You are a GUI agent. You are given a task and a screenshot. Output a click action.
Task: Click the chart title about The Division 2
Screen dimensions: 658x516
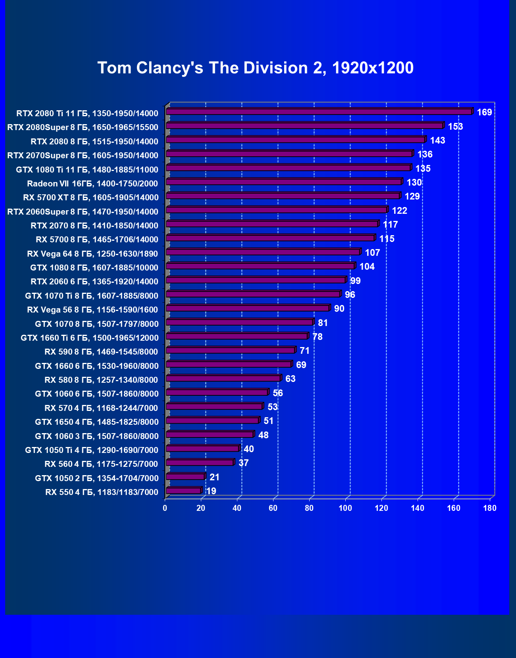pos(256,68)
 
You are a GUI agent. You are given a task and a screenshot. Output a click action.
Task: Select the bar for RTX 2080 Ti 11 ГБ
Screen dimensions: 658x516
pos(319,112)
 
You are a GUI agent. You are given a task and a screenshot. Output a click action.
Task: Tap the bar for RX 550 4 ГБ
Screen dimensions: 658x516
pos(184,491)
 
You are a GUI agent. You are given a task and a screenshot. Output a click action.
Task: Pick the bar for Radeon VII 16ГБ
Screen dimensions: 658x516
pos(284,182)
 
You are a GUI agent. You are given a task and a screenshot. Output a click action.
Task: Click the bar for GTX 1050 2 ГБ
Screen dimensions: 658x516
pos(185,477)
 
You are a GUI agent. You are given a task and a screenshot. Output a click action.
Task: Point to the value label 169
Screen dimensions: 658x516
pos(484,112)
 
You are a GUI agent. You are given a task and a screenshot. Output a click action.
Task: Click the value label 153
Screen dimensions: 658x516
pos(455,127)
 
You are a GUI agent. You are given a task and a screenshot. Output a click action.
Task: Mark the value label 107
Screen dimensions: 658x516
pos(372,253)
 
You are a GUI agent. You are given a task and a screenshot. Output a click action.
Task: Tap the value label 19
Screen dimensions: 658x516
pos(211,491)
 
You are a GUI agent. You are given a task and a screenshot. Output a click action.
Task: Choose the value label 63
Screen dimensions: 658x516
pos(290,379)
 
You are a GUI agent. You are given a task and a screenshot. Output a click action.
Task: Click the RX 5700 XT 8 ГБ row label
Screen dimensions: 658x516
pos(91,198)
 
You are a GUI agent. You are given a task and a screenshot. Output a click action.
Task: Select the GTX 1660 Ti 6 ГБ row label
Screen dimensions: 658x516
pos(90,338)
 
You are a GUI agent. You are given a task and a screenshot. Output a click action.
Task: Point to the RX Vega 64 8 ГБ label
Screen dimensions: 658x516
pos(92,254)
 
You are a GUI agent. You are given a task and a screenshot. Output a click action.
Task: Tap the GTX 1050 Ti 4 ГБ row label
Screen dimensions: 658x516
pos(92,450)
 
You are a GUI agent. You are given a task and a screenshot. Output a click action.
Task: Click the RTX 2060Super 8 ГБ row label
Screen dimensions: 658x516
pos(83,212)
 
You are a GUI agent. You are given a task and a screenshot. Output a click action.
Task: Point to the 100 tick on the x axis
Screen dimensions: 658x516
pos(345,508)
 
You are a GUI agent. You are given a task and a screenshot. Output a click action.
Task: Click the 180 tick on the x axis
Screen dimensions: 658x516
pos(490,508)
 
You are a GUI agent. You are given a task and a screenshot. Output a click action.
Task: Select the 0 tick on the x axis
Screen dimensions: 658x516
pos(165,508)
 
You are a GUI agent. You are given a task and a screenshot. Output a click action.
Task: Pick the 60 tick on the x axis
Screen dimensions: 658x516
pos(273,508)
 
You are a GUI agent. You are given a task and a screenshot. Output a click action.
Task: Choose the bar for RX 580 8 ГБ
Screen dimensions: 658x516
pos(223,378)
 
